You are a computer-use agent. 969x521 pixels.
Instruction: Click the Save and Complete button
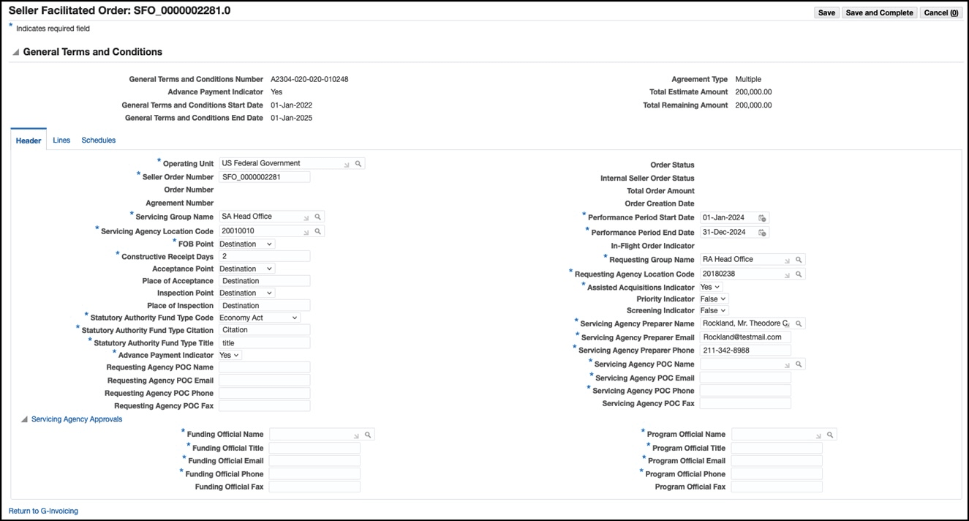point(879,12)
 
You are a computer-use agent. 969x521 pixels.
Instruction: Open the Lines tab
point(61,140)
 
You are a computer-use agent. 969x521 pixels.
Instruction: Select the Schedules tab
point(99,140)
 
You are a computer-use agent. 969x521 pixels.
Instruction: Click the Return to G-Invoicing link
point(43,511)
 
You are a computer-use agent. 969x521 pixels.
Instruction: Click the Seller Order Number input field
point(264,176)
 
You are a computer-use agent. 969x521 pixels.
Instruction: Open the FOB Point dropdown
point(246,244)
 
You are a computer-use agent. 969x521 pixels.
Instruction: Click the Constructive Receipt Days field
point(264,256)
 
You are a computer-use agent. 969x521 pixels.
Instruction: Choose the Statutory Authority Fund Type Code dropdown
point(259,318)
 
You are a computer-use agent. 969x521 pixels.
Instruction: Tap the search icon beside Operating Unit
point(358,164)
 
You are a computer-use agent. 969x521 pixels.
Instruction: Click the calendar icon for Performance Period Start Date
point(762,218)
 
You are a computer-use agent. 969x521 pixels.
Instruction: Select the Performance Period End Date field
point(727,232)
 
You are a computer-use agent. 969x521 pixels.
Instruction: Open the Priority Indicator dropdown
point(714,299)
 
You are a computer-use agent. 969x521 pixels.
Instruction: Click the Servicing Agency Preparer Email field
point(745,337)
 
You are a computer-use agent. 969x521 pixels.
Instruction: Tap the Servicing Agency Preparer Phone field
point(745,351)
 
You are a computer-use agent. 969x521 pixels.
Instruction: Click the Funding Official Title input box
point(314,448)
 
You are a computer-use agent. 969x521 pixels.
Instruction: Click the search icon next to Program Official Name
point(831,435)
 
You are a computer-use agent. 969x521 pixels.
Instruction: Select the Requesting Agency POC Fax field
point(264,405)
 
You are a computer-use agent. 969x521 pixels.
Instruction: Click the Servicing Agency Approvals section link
point(77,419)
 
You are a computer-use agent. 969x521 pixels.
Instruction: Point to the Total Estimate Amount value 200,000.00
point(753,92)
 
